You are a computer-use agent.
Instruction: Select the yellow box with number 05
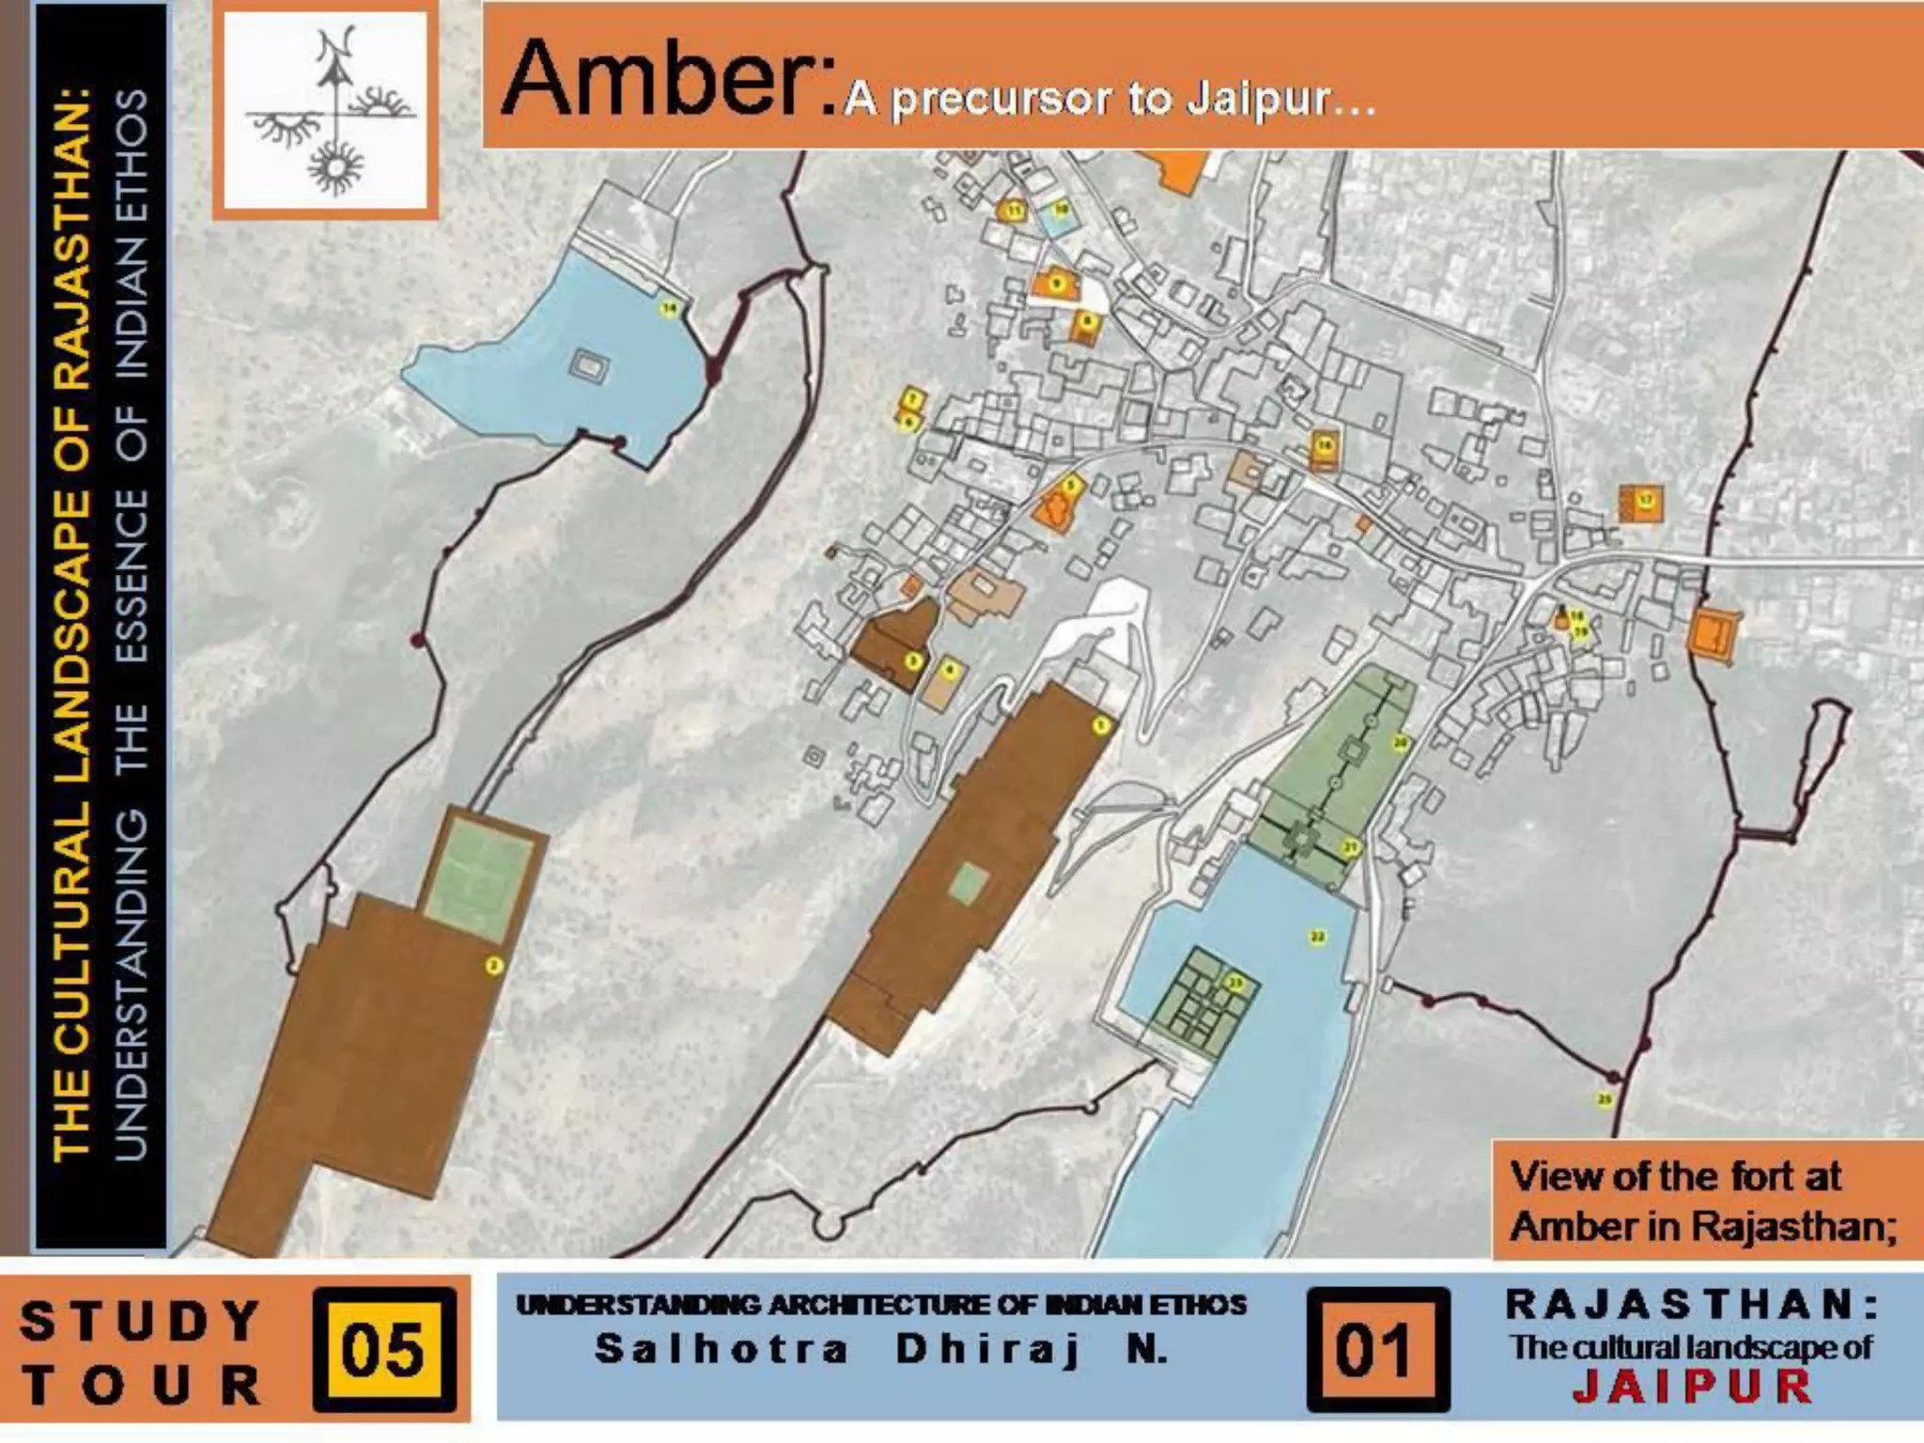(383, 1350)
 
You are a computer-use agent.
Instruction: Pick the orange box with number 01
(1376, 1350)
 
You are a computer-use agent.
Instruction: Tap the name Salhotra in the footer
(721, 1349)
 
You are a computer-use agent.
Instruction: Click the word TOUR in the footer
(141, 1385)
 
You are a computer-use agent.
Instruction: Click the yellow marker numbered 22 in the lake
(1317, 937)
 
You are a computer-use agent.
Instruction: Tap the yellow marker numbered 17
(1646, 500)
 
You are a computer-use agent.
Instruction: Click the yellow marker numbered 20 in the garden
(1400, 743)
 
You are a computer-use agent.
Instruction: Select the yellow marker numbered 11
(1015, 210)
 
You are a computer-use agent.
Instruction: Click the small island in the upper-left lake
(589, 365)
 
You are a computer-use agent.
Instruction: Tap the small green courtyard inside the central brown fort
(968, 883)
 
